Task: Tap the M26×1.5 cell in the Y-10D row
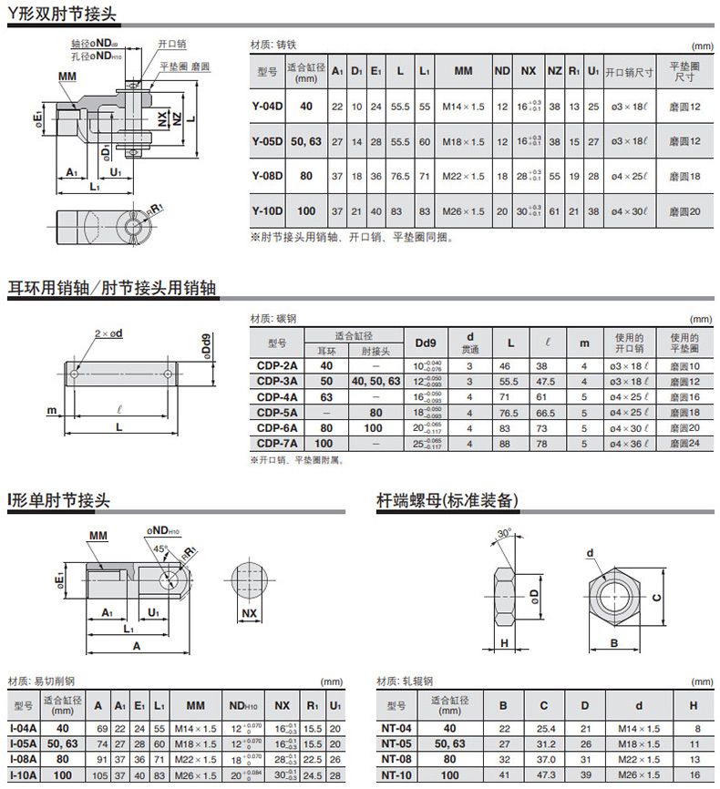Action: (463, 211)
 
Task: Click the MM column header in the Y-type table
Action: (463, 70)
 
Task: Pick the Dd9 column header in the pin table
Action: (426, 343)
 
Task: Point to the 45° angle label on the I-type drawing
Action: (160, 548)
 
